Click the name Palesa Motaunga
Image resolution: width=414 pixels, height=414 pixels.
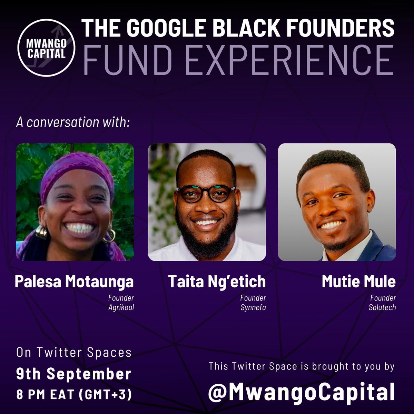[x=74, y=282]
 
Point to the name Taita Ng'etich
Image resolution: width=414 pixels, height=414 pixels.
[x=217, y=282]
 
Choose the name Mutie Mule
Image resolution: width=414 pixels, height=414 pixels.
[x=359, y=282]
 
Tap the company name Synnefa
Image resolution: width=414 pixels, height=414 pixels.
[x=253, y=307]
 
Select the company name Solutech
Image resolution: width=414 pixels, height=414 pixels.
[x=382, y=307]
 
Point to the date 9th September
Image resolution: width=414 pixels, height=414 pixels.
[x=74, y=374]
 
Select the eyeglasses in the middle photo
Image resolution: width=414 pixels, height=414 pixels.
[x=206, y=194]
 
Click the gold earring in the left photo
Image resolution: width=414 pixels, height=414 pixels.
[x=42, y=232]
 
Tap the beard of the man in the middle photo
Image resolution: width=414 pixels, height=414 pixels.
[x=206, y=238]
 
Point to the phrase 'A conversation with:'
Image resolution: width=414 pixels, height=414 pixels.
[x=73, y=122]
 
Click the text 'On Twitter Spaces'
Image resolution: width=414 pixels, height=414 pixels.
[x=74, y=353]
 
